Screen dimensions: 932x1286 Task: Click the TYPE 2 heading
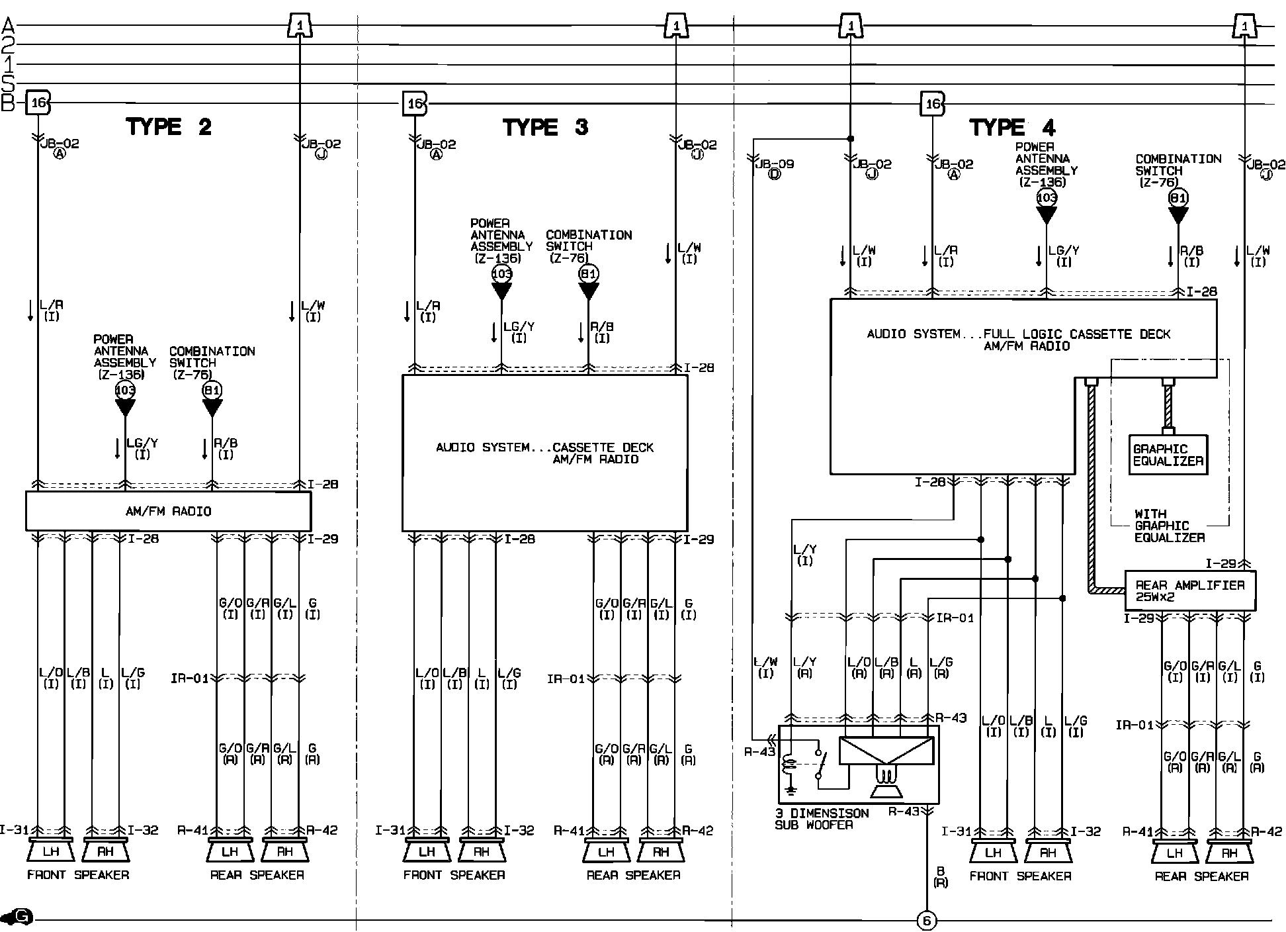pyautogui.click(x=169, y=126)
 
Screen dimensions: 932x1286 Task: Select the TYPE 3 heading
pyautogui.click(x=545, y=127)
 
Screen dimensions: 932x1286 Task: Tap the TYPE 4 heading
pyautogui.click(x=1012, y=127)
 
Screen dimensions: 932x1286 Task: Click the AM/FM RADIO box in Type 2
pyautogui.click(x=168, y=511)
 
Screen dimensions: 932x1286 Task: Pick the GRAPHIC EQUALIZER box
pyautogui.click(x=1168, y=455)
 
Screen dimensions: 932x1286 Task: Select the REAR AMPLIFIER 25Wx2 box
pyautogui.click(x=1190, y=590)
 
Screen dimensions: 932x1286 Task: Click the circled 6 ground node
pyautogui.click(x=927, y=921)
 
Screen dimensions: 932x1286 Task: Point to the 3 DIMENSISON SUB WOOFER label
pyautogui.click(x=822, y=819)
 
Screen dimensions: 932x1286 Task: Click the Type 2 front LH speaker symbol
pyautogui.click(x=51, y=851)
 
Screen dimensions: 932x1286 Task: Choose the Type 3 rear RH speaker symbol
pyautogui.click(x=660, y=851)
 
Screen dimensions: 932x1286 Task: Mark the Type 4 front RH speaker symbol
pyautogui.click(x=1048, y=852)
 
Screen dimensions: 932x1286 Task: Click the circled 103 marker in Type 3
pyautogui.click(x=501, y=273)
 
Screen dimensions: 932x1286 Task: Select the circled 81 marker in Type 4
pyautogui.click(x=1178, y=197)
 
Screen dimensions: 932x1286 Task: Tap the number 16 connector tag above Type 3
pyautogui.click(x=415, y=103)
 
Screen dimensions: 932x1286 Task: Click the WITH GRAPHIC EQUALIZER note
pyautogui.click(x=1169, y=526)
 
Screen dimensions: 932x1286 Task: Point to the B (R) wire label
pyautogui.click(x=941, y=877)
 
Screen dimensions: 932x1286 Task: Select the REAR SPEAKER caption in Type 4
pyautogui.click(x=1201, y=876)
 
